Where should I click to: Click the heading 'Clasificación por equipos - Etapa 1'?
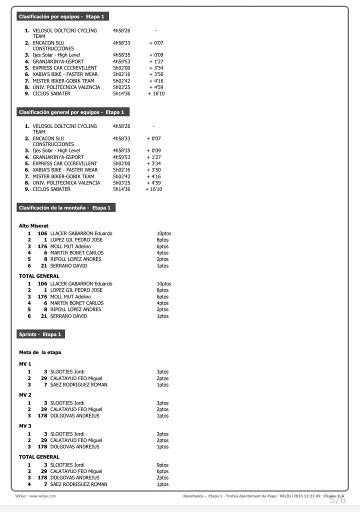tap(61, 16)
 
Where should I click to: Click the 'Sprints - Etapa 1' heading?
tap(40, 334)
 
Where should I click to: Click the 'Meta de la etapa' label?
tap(40, 352)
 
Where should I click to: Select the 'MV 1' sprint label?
tap(25, 364)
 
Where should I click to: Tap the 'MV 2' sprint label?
tap(25, 395)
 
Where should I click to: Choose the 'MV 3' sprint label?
tap(25, 426)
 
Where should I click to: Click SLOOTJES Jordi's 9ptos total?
tap(162, 465)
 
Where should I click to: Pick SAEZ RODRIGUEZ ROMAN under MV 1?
tap(79, 384)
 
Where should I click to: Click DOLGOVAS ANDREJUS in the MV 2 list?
tap(75, 415)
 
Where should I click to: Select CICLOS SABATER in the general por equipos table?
tap(51, 189)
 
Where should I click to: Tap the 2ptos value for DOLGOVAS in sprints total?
tap(162, 477)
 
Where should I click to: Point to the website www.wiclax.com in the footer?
tap(42, 496)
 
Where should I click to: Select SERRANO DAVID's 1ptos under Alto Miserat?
tap(162, 265)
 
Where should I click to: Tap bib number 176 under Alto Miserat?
tap(42, 246)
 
